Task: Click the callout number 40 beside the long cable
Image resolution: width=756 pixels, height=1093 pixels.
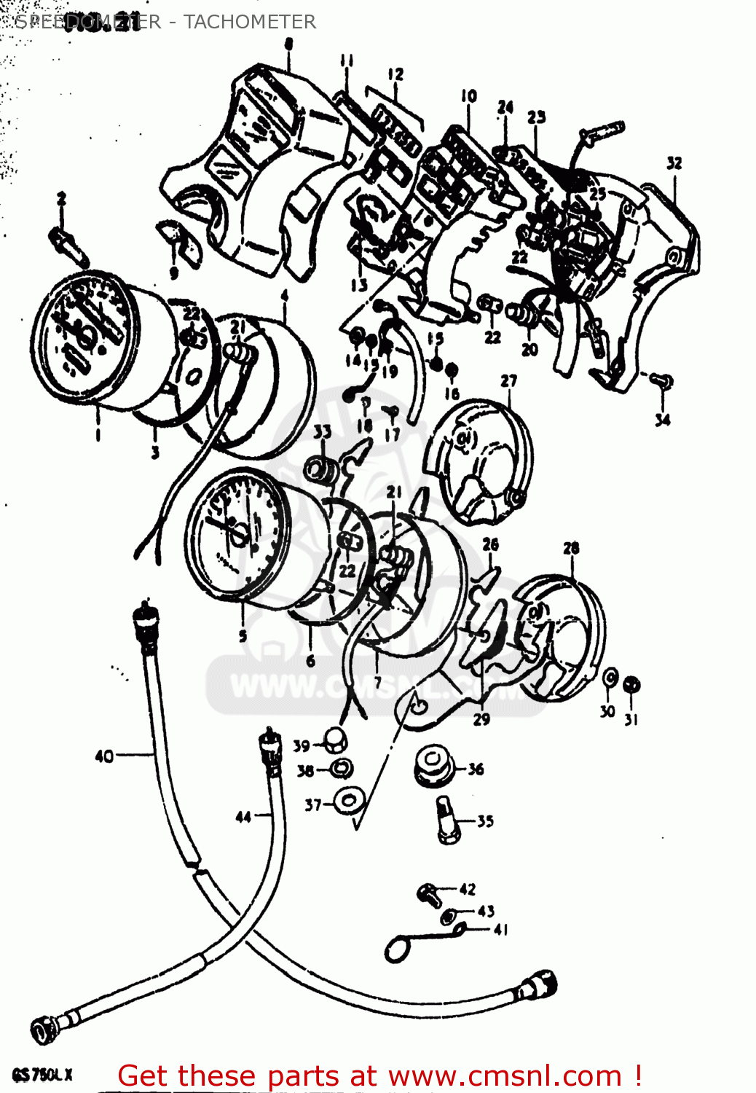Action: click(104, 756)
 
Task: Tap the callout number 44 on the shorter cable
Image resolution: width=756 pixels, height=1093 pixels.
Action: click(243, 817)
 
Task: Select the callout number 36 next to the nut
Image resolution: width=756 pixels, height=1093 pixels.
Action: click(476, 769)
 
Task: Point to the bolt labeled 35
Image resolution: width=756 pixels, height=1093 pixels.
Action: click(448, 820)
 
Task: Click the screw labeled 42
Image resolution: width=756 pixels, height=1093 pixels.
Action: click(429, 893)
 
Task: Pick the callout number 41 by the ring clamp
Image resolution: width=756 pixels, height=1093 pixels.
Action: click(501, 929)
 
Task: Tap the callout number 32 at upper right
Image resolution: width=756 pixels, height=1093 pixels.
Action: click(674, 163)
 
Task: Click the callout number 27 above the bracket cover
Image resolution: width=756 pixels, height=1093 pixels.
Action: click(508, 380)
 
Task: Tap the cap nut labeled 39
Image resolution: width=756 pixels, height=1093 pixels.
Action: click(336, 741)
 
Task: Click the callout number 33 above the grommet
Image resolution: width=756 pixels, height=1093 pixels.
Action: click(323, 431)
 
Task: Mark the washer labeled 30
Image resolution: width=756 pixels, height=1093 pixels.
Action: click(610, 679)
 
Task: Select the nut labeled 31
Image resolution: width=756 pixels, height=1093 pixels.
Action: click(633, 684)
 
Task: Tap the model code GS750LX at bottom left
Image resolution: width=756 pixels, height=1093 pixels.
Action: click(42, 1075)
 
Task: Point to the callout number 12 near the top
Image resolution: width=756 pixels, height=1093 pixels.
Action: click(395, 74)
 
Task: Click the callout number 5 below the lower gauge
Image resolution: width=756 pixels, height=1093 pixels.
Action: click(243, 635)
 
